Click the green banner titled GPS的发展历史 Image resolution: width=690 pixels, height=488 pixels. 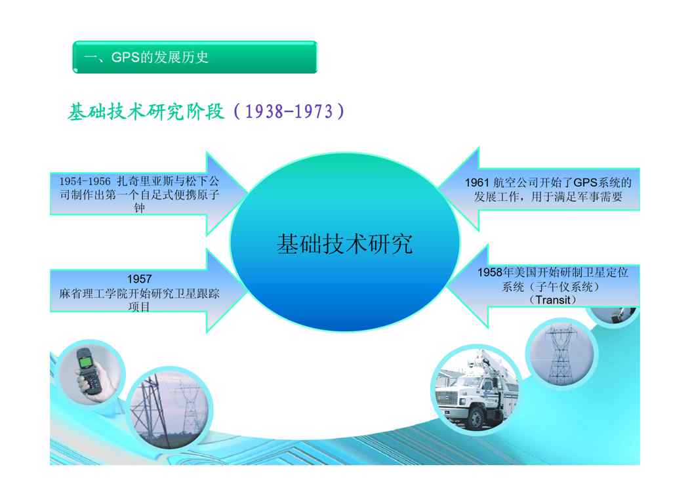click(195, 57)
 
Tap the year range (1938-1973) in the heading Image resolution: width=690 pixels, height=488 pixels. click(289, 112)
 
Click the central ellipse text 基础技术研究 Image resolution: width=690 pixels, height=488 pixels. click(344, 243)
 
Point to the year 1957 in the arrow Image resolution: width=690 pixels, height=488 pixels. click(140, 279)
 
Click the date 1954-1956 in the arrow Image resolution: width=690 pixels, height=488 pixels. click(85, 181)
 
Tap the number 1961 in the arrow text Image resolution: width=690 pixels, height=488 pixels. click(477, 182)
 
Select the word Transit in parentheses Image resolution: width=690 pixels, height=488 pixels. click(553, 300)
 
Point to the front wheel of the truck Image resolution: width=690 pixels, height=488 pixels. click(477, 418)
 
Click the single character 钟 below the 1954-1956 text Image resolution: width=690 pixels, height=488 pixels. click(140, 208)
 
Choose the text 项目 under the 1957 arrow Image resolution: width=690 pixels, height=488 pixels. click(139, 307)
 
